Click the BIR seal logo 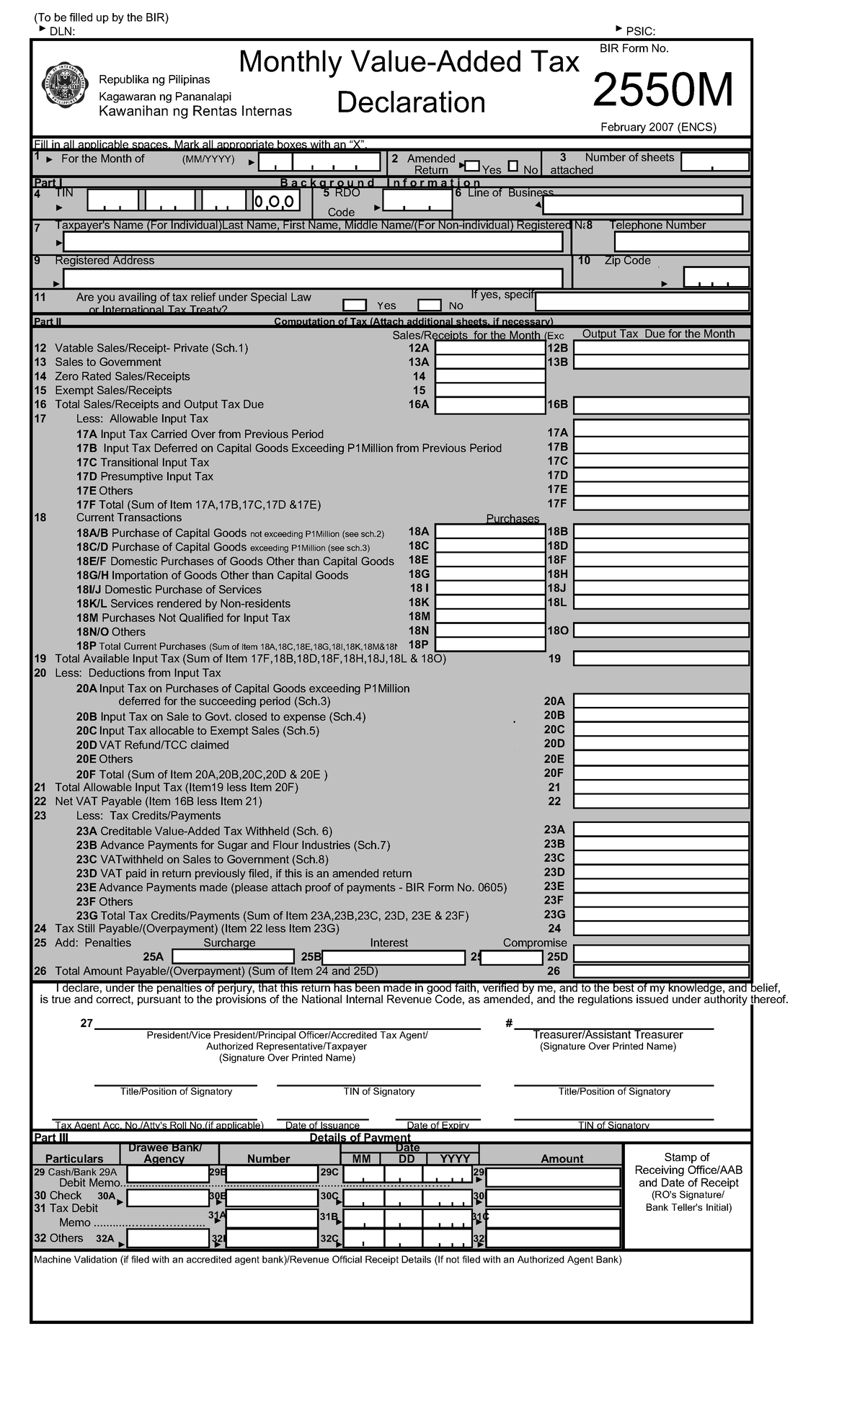pos(63,88)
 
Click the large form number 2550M pos(662,91)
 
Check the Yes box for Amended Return pos(472,166)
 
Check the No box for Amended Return pos(513,166)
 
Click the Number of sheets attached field pos(714,162)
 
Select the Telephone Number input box pos(680,241)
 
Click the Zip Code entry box pos(716,277)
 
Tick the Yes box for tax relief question pos(355,306)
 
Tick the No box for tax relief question pos(429,306)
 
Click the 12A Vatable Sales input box pos(490,348)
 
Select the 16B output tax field pos(661,405)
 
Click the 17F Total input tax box pos(661,504)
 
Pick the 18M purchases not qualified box pos(490,616)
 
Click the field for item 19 pos(661,658)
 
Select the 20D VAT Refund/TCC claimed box pos(661,744)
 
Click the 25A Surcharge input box pos(233,956)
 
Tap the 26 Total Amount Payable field pos(661,971)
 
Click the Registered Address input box pos(313,277)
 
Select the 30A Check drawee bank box pos(168,1198)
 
